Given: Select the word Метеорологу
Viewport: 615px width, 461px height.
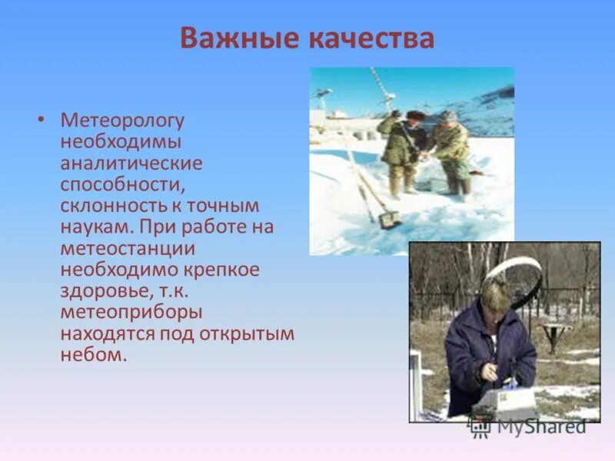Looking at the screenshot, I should coord(123,121).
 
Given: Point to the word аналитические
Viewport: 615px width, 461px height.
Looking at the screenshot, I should coord(131,164).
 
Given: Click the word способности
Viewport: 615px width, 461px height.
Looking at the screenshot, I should coord(121,185).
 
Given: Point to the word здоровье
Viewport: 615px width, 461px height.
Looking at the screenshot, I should coord(101,292).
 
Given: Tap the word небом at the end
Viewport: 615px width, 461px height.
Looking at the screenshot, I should coord(91,356).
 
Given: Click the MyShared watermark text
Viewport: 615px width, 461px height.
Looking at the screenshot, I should coord(541,426).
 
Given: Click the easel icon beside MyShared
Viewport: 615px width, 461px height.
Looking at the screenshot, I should coord(480,424).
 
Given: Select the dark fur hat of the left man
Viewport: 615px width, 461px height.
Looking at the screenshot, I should coord(416,115).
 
